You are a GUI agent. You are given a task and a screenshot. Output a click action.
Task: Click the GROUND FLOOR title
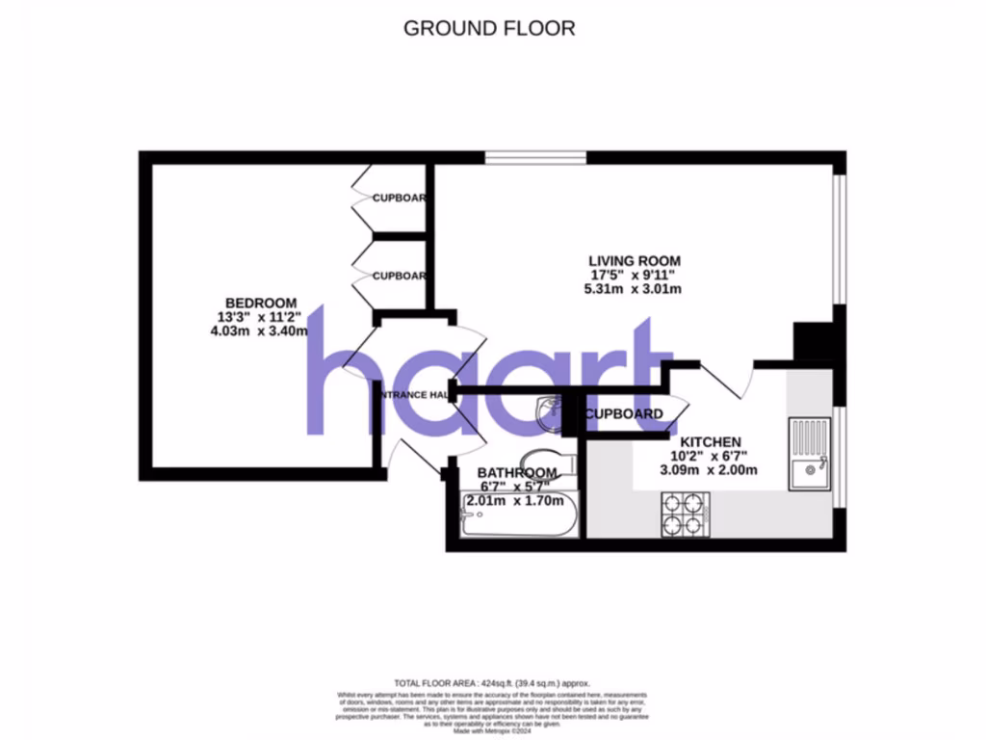pyautogui.click(x=489, y=28)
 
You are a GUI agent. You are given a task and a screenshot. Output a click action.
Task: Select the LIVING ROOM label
pyautogui.click(x=635, y=260)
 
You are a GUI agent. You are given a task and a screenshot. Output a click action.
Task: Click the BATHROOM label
pyautogui.click(x=518, y=472)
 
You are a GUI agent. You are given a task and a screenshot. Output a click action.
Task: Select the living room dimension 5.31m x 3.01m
pyautogui.click(x=635, y=289)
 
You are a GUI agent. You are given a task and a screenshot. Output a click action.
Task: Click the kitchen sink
pyautogui.click(x=808, y=454)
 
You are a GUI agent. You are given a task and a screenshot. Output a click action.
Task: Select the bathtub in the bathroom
pyautogui.click(x=518, y=520)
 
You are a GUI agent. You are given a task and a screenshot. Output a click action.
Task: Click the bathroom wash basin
pyautogui.click(x=549, y=412)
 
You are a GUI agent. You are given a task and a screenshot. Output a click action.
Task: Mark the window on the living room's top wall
pyautogui.click(x=534, y=158)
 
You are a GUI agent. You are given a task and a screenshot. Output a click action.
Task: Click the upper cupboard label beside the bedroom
pyautogui.click(x=399, y=198)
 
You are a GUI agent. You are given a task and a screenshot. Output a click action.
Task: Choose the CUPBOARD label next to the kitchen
pyautogui.click(x=624, y=414)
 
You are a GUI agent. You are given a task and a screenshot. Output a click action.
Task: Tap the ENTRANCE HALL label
pyautogui.click(x=411, y=395)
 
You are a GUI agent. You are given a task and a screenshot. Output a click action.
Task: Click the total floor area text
pyautogui.click(x=491, y=681)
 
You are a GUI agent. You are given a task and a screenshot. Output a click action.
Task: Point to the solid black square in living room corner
pyautogui.click(x=812, y=342)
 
